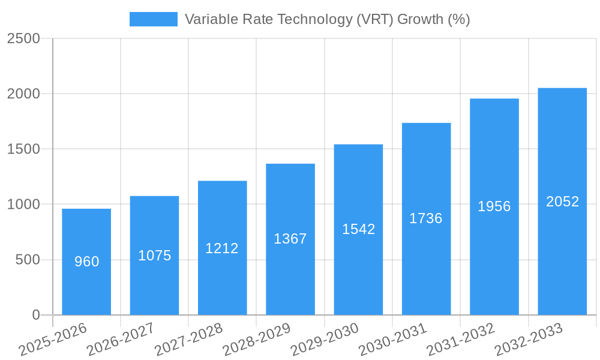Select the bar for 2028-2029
click(290, 276)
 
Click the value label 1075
click(155, 256)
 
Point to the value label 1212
click(222, 248)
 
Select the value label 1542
click(358, 229)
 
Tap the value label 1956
click(494, 206)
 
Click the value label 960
click(86, 262)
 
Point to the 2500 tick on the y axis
click(23, 38)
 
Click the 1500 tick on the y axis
click(23, 149)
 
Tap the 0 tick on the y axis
click(35, 315)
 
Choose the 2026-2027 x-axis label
click(121, 339)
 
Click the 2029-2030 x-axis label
click(325, 339)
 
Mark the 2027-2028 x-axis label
click(188, 339)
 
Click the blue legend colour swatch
click(154, 19)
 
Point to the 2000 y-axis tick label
click(23, 94)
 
